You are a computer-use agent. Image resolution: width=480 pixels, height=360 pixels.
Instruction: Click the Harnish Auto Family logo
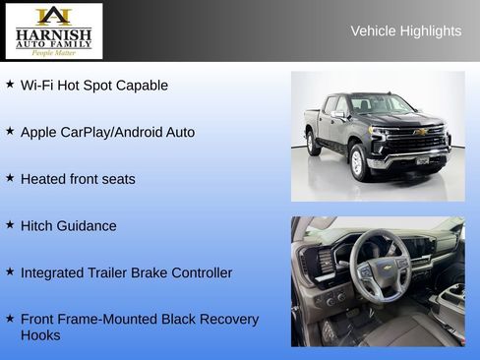click(53, 30)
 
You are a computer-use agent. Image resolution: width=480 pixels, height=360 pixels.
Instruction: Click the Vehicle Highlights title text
click(405, 31)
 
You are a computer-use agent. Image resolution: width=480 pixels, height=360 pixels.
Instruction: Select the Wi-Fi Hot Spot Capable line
click(94, 86)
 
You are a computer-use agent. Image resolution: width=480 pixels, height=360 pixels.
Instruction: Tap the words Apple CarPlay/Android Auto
click(107, 132)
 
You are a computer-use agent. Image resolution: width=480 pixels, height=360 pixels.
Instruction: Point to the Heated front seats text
click(78, 179)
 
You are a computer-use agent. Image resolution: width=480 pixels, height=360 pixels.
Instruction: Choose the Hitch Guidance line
click(68, 225)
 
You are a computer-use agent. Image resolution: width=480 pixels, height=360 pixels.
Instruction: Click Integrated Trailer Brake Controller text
click(126, 272)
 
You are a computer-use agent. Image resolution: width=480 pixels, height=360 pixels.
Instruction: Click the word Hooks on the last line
click(40, 335)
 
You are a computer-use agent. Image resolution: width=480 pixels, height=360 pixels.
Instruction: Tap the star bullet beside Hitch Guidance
click(10, 225)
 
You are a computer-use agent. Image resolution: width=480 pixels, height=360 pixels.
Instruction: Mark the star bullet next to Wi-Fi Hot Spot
click(10, 85)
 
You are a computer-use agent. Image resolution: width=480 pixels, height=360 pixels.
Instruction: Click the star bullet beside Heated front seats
click(10, 178)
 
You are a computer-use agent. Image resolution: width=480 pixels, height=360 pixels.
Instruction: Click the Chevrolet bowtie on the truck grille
click(421, 132)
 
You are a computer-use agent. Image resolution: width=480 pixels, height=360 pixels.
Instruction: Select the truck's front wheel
click(359, 162)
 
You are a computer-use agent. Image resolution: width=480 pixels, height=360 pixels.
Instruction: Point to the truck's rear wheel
click(313, 144)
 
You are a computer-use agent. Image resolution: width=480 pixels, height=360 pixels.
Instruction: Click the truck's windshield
click(383, 104)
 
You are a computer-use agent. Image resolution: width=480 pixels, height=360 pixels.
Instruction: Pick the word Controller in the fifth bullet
click(200, 272)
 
